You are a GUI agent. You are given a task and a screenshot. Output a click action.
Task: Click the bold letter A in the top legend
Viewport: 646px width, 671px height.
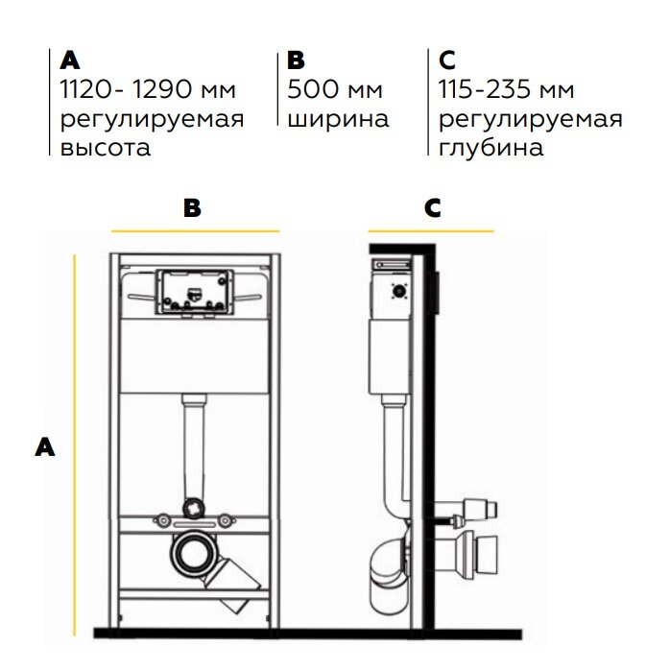pyautogui.click(x=70, y=60)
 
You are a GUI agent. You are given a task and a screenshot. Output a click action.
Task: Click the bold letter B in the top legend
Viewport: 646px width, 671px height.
pyautogui.click(x=296, y=60)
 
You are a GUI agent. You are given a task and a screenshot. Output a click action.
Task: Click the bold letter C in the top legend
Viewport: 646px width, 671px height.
pyautogui.click(x=446, y=60)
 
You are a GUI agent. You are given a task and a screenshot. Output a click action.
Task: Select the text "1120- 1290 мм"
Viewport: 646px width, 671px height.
pyautogui.click(x=147, y=90)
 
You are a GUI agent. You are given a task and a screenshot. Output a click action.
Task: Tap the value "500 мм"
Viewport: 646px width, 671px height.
pyautogui.click(x=335, y=90)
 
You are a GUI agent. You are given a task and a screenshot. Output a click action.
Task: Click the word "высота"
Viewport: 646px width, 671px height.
pyautogui.click(x=106, y=149)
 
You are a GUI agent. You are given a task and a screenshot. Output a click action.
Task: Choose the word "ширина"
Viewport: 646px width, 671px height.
pyautogui.click(x=338, y=119)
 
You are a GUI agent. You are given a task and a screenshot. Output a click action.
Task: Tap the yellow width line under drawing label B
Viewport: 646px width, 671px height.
pyautogui.click(x=195, y=231)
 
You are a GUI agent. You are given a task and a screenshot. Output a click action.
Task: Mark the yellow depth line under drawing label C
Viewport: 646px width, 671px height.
pyautogui.click(x=431, y=231)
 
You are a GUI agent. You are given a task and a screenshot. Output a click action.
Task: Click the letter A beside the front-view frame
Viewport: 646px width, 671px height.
pyautogui.click(x=43, y=445)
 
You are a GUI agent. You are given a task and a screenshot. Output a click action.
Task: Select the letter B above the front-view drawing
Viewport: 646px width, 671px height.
pyautogui.click(x=193, y=207)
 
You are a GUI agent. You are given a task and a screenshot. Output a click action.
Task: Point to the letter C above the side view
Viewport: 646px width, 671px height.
pyautogui.click(x=432, y=207)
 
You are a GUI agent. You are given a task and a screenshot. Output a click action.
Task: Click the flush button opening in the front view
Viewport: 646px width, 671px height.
pyautogui.click(x=195, y=290)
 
